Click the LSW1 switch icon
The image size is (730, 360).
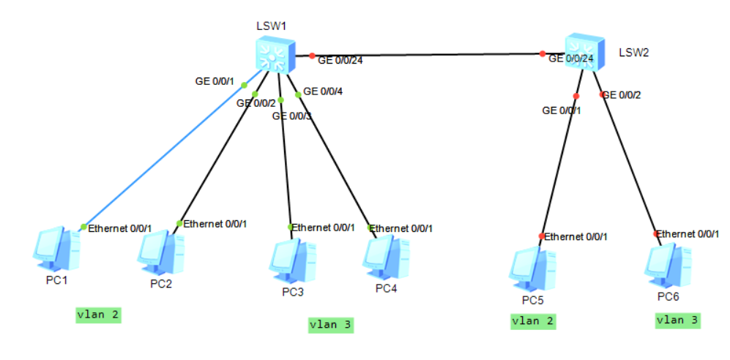(274, 56)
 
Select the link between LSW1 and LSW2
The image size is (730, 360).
(425, 54)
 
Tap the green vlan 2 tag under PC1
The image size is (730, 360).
(98, 315)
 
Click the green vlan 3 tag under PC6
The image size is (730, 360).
(677, 320)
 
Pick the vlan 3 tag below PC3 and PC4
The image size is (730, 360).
(331, 325)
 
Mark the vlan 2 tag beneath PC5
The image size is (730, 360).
(533, 320)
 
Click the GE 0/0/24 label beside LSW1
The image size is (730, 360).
(340, 61)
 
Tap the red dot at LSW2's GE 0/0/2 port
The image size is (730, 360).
(603, 94)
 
